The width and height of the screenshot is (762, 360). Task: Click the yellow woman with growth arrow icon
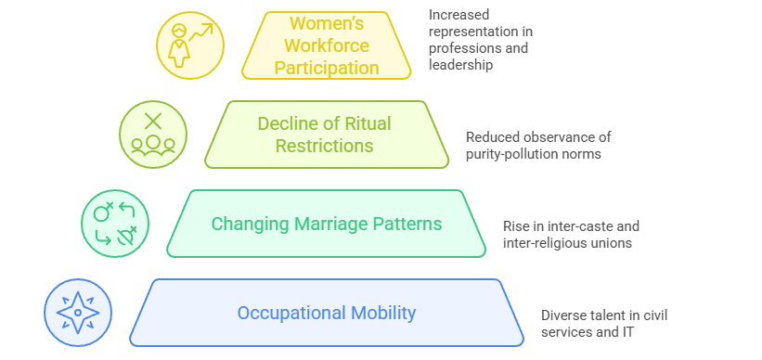[x=190, y=45]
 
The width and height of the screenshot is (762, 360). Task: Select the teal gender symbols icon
[x=115, y=224]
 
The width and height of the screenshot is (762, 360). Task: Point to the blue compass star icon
[x=78, y=313]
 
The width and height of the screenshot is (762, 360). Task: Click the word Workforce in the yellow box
[x=328, y=45]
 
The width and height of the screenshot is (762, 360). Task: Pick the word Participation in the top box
[x=328, y=68]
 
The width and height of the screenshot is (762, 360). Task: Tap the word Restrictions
[x=329, y=146]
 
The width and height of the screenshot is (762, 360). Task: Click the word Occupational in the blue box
[x=288, y=313]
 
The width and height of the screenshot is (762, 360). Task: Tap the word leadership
[x=460, y=65]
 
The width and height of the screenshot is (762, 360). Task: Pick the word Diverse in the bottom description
[x=564, y=315]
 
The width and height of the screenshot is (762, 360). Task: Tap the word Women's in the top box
[x=328, y=23]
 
